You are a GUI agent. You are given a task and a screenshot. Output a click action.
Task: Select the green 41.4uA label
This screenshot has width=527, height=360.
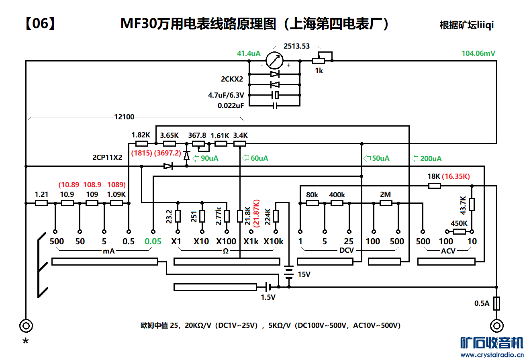pos(249,53)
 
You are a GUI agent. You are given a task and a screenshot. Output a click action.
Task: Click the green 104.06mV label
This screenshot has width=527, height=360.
pos(478,53)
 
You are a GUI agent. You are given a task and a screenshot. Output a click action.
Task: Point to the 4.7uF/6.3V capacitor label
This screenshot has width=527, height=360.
pos(225,95)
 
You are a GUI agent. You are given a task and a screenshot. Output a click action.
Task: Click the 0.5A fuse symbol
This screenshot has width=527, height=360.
pos(497,303)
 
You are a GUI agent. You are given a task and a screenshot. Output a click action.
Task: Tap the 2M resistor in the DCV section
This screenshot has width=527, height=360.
pos(386,203)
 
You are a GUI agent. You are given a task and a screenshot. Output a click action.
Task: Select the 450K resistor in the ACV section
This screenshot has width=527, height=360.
pos(460,231)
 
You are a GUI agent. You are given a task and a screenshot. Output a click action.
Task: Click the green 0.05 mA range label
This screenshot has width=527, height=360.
pos(153,241)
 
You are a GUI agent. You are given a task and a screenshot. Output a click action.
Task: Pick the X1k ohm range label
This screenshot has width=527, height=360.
pos(251,241)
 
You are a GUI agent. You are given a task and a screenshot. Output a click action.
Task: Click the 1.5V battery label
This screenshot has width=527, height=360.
pos(268,298)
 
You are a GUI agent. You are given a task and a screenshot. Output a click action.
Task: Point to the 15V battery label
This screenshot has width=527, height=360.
pos(304,274)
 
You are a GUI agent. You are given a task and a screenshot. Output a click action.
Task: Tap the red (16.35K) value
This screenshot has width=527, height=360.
pos(456,176)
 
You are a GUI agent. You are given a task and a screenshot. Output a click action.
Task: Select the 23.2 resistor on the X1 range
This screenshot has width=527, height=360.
pos(178,216)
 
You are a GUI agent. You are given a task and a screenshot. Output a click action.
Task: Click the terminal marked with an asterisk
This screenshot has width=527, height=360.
pos(26,325)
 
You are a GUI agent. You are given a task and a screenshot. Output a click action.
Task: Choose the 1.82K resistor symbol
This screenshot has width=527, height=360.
pos(141,143)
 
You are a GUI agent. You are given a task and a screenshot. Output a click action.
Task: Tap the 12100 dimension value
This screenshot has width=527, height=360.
pos(124,117)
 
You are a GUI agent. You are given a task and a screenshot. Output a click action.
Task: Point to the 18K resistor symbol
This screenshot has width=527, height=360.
pos(435,186)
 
